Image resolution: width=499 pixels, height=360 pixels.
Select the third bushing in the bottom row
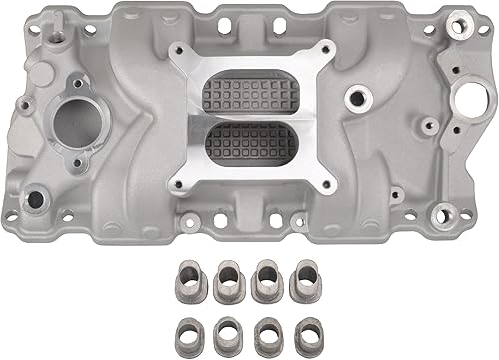[265, 330]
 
